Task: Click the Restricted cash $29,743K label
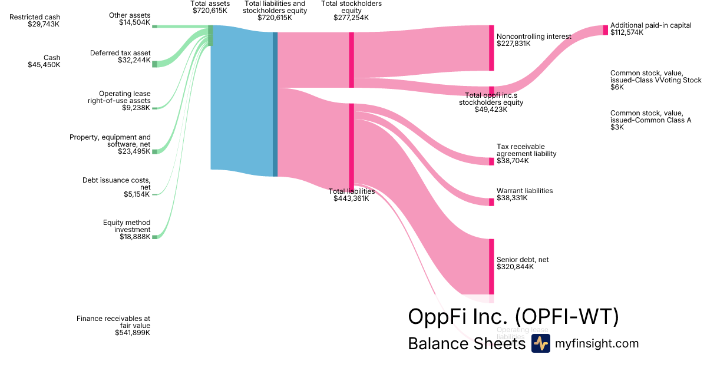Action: pos(35,21)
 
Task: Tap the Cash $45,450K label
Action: pos(44,61)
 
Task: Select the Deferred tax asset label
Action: pos(120,57)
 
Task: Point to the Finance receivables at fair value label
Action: pos(113,326)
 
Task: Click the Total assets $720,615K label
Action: pos(210,7)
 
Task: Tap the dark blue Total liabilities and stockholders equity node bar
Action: pos(275,104)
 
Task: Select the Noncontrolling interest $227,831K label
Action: pos(533,39)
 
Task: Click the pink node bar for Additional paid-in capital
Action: pos(605,30)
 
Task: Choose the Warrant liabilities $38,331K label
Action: pos(524,194)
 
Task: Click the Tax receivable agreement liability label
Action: pos(526,154)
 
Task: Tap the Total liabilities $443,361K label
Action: pos(351,195)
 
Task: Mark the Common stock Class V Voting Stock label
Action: pos(656,80)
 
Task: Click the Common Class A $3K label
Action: pos(650,120)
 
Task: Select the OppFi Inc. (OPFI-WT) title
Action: pos(513,317)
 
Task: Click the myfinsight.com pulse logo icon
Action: pos(540,343)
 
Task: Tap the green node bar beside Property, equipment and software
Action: pos(155,151)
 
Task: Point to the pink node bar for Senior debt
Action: pos(491,266)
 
